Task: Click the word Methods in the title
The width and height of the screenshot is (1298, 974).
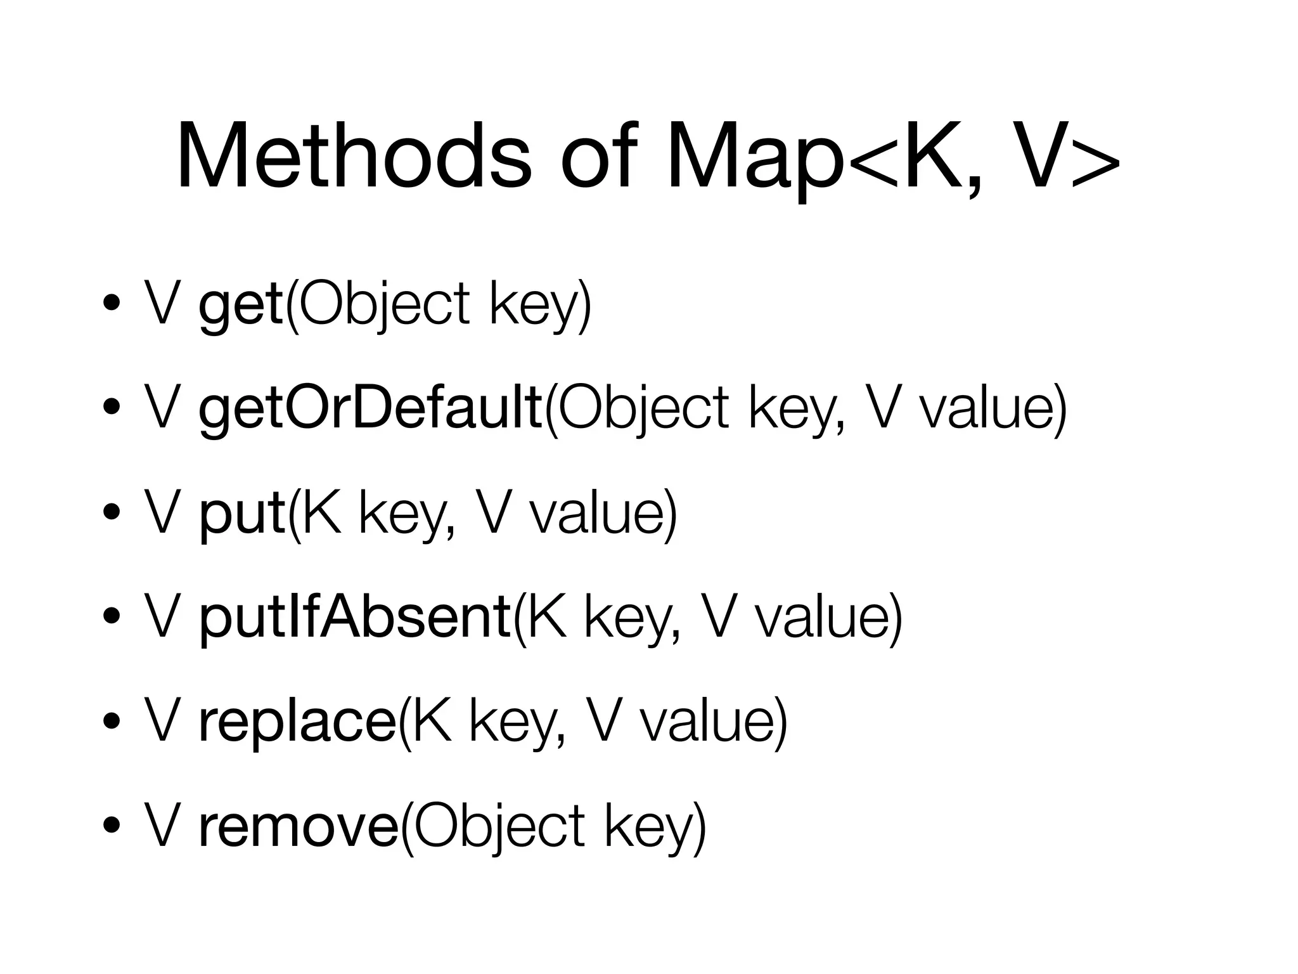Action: coord(354,157)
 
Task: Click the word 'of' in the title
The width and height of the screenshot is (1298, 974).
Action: coord(596,157)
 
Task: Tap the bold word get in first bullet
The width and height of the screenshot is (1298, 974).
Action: coord(240,306)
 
